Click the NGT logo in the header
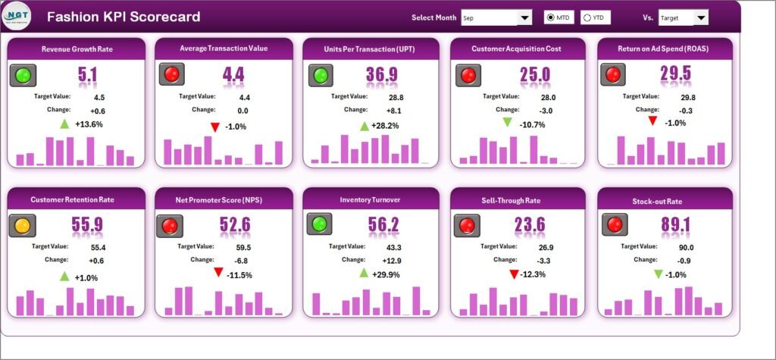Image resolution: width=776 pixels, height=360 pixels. [x=18, y=16]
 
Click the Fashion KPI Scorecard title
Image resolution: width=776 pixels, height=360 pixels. [x=124, y=17]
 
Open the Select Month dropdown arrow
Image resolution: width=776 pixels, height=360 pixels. [x=524, y=17]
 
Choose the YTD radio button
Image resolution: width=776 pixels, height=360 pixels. [x=587, y=17]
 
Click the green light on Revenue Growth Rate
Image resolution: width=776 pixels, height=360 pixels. [x=24, y=74]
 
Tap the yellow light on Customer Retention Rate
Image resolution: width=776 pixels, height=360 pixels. [x=24, y=225]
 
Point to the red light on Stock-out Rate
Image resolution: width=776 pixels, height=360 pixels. [x=613, y=225]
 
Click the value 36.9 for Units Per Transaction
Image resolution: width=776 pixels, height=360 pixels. [x=381, y=74]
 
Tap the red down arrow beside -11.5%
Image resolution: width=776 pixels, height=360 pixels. [x=218, y=273]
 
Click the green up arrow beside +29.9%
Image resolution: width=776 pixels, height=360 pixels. [x=364, y=273]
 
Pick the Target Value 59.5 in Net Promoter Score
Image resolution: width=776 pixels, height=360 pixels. [x=244, y=247]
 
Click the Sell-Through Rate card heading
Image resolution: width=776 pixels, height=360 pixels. [x=518, y=200]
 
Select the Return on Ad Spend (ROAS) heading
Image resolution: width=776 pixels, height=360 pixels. [x=665, y=49]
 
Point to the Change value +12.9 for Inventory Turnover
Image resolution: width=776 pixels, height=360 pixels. [x=395, y=260]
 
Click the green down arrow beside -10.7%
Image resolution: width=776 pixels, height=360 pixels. [x=508, y=124]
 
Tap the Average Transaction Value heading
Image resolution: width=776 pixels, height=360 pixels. [x=223, y=49]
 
